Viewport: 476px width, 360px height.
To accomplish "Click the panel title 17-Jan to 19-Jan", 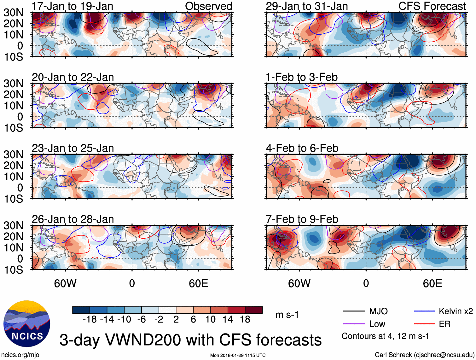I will coord(72,6).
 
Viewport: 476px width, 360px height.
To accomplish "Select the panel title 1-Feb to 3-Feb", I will coord(301,77).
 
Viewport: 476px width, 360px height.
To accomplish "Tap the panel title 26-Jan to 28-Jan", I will coord(73,219).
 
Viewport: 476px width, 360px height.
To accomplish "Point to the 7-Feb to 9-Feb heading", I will coord(302,219).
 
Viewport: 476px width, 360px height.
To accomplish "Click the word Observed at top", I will coord(208,6).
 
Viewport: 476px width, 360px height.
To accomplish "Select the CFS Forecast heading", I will coord(432,6).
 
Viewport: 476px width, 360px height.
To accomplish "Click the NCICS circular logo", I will coord(27,324).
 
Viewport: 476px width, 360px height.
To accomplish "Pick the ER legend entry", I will coord(444,324).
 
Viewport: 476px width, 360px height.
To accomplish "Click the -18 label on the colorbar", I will coord(90,320).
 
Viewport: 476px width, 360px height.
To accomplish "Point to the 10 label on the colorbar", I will coord(210,320).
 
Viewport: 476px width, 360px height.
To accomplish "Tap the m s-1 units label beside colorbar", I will coord(287,315).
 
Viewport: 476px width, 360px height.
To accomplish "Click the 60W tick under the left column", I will coord(65,283).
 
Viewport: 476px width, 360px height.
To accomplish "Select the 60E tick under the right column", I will coord(432,283).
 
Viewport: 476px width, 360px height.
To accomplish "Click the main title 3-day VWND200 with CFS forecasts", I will coord(190,340).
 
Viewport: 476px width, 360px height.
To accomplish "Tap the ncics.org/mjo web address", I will coord(20,355).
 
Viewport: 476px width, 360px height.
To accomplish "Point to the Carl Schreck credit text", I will coord(424,355).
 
